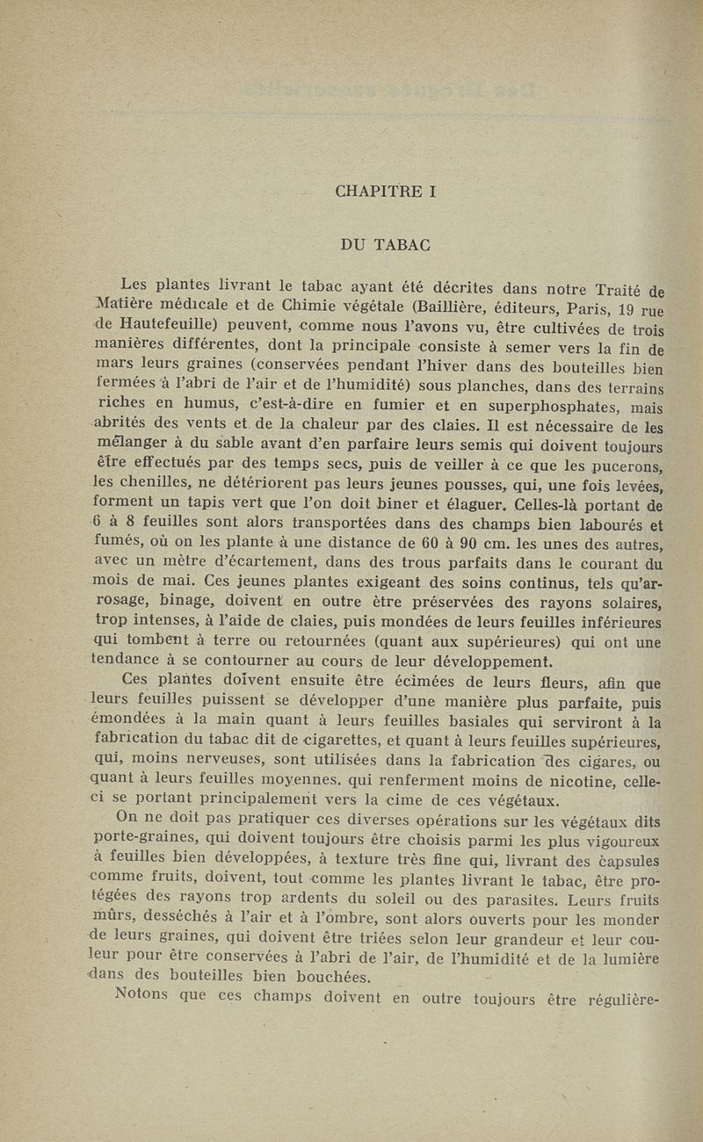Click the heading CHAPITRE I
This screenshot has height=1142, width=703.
click(x=386, y=190)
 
